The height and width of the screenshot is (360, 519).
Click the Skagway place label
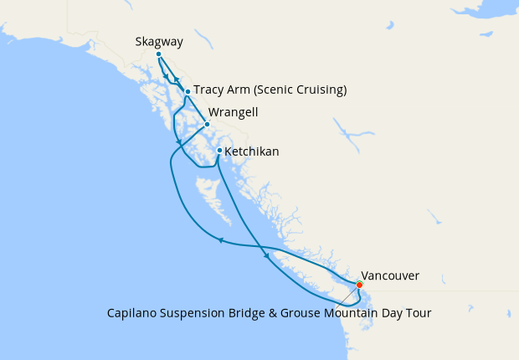[x=159, y=41]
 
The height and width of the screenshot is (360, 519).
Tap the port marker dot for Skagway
[x=158, y=54]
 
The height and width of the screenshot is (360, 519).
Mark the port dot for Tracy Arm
[x=188, y=91]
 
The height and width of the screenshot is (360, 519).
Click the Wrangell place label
[x=234, y=111]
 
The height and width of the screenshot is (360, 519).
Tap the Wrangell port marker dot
[x=207, y=125]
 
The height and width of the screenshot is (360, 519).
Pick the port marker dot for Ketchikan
[x=219, y=151]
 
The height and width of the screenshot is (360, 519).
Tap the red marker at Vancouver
[x=359, y=285]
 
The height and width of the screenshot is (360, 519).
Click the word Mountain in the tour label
[x=352, y=313]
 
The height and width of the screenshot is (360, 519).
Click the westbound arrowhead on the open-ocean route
[x=220, y=241]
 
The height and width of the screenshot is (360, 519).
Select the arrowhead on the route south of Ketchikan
[x=266, y=255]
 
